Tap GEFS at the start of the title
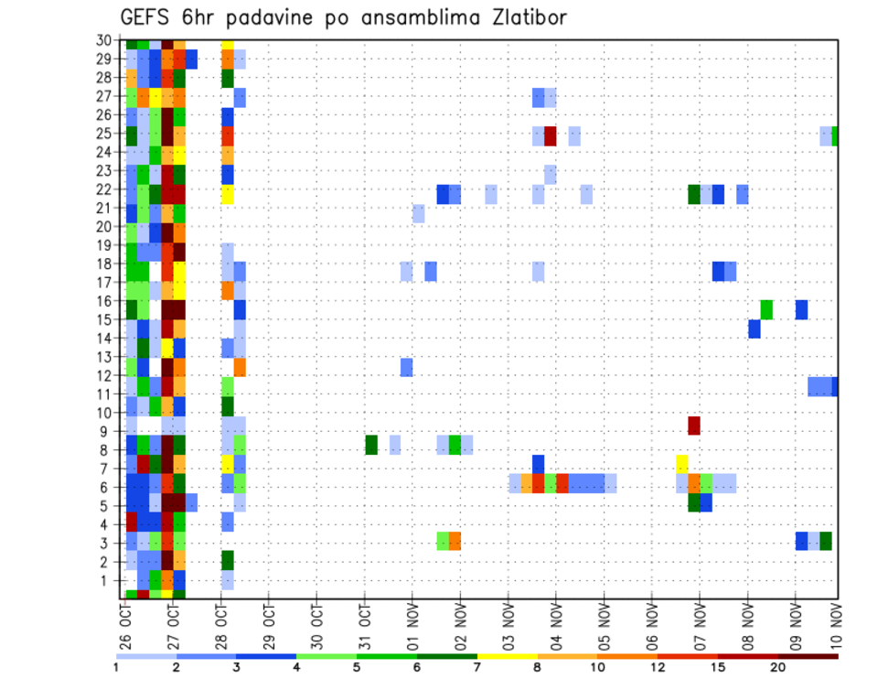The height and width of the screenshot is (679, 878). tap(145, 18)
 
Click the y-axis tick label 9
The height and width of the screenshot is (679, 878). tap(107, 431)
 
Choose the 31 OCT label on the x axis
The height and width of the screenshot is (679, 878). tap(365, 626)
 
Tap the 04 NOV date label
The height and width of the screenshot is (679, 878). tap(555, 626)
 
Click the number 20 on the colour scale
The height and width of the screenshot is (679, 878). tap(778, 667)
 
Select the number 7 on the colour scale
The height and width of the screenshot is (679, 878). tap(477, 667)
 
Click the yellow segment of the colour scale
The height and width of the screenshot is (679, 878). tap(507, 656)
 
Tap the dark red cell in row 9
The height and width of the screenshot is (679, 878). tap(694, 426)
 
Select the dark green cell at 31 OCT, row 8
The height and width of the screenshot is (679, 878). tap(371, 445)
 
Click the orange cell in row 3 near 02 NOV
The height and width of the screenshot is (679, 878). tap(455, 541)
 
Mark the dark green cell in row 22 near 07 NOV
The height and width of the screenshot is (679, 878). tap(694, 194)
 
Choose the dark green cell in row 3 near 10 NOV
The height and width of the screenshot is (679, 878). tap(826, 541)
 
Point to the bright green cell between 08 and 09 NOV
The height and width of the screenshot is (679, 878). tap(766, 309)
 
